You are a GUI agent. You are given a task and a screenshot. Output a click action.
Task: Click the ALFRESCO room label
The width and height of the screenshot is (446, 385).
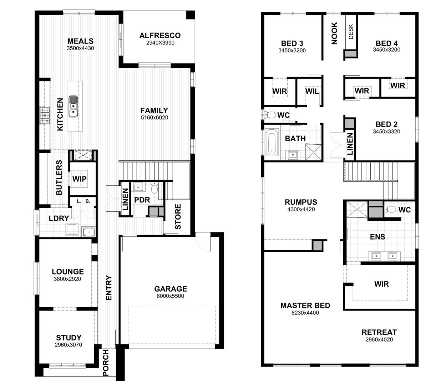[x=160, y=35]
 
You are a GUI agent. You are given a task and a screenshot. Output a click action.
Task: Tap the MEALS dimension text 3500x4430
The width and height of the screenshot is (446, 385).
[x=80, y=48]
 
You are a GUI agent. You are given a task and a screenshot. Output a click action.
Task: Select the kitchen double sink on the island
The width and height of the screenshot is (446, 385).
[x=73, y=106]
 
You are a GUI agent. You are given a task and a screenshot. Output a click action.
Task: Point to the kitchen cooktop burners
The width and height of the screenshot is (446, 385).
[x=45, y=116]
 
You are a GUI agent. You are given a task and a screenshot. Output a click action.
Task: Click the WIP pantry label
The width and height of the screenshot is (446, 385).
[x=80, y=179]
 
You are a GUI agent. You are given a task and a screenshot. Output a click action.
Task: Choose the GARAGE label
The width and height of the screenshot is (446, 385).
[x=170, y=289]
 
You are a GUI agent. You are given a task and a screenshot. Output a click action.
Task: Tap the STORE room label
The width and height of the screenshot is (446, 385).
[x=178, y=216]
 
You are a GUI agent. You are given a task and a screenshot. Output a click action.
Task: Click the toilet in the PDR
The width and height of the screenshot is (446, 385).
[x=154, y=188]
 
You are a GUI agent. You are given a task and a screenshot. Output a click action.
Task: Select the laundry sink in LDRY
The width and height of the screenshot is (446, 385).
[x=89, y=232]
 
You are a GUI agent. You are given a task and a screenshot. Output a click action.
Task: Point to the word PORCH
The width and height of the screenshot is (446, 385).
[x=106, y=363]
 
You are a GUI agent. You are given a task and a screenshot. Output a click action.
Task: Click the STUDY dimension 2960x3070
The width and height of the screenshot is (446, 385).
[x=69, y=345]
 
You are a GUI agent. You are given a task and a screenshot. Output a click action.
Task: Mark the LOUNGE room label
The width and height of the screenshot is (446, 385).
[x=68, y=272]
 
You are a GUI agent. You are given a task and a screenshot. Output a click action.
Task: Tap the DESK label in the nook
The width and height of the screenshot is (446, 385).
[x=351, y=31]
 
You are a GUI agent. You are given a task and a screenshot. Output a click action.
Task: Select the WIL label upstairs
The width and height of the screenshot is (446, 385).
[x=311, y=91]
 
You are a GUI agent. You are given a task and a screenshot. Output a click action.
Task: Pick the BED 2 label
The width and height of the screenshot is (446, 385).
[x=386, y=124]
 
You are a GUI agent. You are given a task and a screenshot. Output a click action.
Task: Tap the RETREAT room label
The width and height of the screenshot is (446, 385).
[x=379, y=332]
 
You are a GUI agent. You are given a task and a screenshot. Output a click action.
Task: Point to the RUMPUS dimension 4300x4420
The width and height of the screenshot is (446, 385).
[x=301, y=210]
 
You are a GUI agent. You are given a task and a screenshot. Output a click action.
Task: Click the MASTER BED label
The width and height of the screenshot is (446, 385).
[x=305, y=306]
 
